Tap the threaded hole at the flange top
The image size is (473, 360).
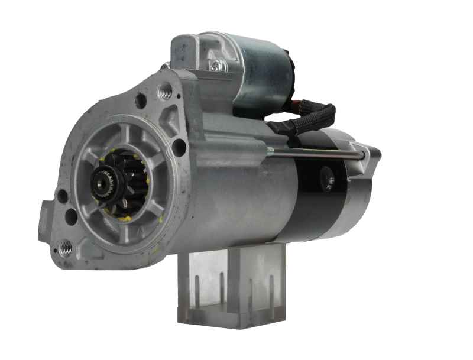pos(166,91)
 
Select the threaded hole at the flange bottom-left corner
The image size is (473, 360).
pos(66,248)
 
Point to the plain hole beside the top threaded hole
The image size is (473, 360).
pos(141,100)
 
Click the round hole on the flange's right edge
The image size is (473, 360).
pos(179,147)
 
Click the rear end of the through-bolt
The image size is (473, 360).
pos(362,155)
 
